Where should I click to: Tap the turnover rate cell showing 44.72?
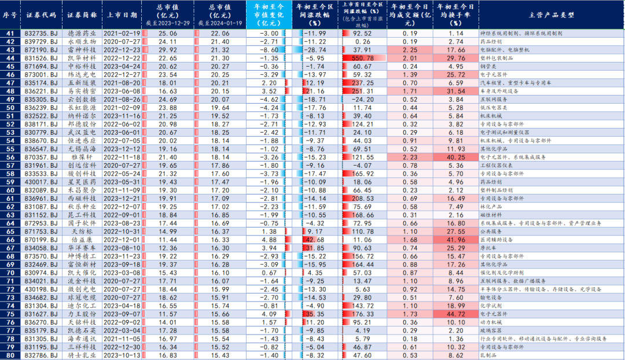tap(456, 313)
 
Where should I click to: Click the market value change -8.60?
tap(267, 50)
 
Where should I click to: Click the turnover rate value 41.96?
tap(456, 239)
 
